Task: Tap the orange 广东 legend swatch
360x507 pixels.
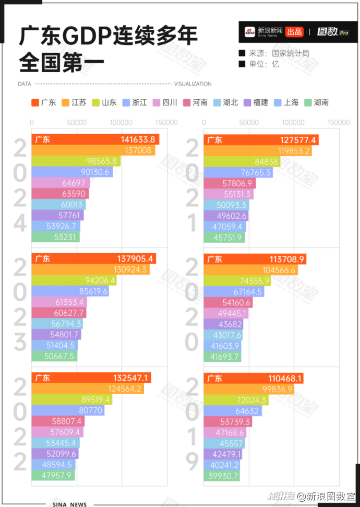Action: (x=35, y=103)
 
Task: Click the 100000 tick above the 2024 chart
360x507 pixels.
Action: (x=122, y=122)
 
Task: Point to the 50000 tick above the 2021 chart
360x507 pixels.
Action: (x=249, y=122)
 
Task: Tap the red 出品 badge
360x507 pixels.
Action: (x=294, y=32)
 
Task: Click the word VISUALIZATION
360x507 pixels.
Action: (x=193, y=84)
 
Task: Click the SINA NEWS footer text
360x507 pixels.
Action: (x=69, y=504)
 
